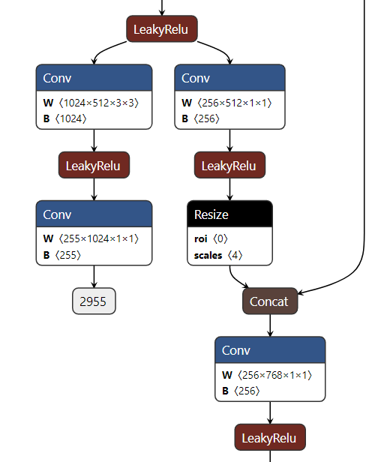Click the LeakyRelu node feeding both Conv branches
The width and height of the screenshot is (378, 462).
tap(161, 29)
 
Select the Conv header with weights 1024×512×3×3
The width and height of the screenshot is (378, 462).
tap(94, 78)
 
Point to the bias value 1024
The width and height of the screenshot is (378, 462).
tap(70, 118)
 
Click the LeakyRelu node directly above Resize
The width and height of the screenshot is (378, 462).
tap(229, 166)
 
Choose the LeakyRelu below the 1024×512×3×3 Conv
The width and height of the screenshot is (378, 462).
tap(94, 166)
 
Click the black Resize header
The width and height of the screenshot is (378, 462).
tap(229, 214)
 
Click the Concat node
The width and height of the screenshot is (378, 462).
tap(269, 301)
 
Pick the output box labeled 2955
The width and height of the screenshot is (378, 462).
tap(94, 301)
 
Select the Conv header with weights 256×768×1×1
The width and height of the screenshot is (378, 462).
tap(270, 350)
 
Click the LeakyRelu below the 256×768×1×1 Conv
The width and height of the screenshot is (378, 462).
tap(270, 438)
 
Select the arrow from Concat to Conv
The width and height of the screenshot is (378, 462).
tap(270, 325)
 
